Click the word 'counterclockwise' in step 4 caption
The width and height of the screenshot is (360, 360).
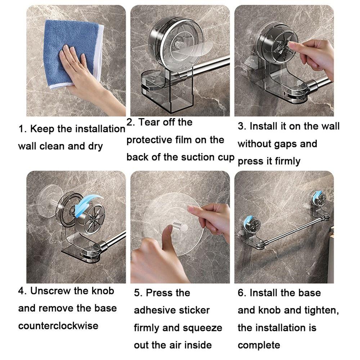coord(58,326)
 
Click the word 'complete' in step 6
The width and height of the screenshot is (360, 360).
coord(258,345)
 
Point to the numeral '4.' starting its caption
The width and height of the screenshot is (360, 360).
coord(22,291)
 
